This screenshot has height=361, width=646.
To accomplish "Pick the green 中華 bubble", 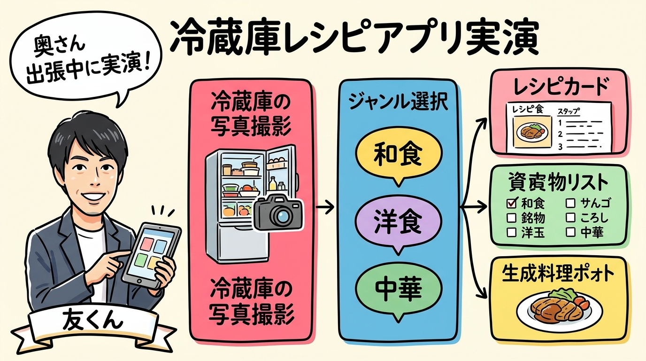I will [x=398, y=288].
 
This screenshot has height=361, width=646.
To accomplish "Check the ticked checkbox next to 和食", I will [x=512, y=203].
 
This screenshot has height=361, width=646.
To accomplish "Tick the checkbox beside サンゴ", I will [x=570, y=203].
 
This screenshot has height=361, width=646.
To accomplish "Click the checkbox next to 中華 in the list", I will [x=570, y=232].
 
